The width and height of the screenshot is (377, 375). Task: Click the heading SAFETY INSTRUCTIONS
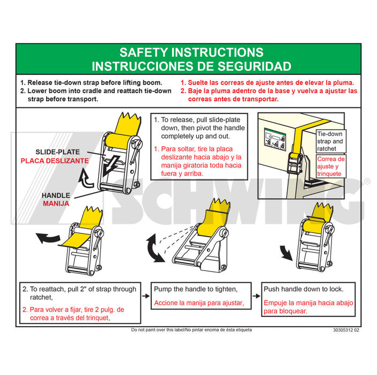191,52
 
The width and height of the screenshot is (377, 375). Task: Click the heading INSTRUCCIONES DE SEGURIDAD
191,66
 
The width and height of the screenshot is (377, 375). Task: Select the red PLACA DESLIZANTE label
55,160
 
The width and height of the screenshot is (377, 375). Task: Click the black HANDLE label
56,196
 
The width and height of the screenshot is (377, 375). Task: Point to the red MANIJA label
56,204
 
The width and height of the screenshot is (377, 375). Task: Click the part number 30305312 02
346,330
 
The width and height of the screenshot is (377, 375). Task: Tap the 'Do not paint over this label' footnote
191,330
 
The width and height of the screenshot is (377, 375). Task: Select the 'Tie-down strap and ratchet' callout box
331,141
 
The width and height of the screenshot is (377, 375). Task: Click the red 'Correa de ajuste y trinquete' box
331,166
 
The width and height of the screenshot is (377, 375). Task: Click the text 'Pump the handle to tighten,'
195,289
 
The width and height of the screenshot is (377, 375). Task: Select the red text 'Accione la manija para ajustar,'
198,303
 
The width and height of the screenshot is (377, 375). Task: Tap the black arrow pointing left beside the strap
48,237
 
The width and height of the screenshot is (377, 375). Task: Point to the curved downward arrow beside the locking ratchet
286,251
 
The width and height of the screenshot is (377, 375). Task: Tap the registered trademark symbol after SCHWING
367,182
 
